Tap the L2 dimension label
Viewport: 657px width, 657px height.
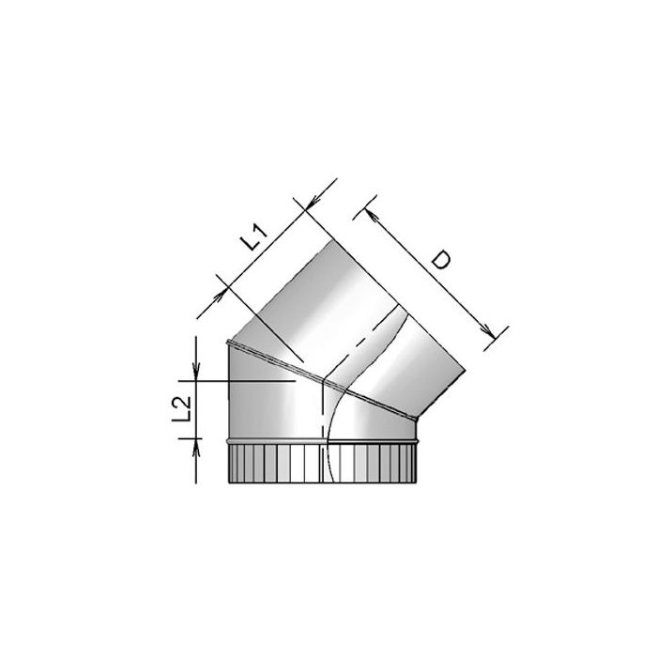coord(183,410)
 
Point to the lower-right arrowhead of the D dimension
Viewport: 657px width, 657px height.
coord(488,330)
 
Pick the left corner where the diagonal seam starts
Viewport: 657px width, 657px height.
coord(228,341)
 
